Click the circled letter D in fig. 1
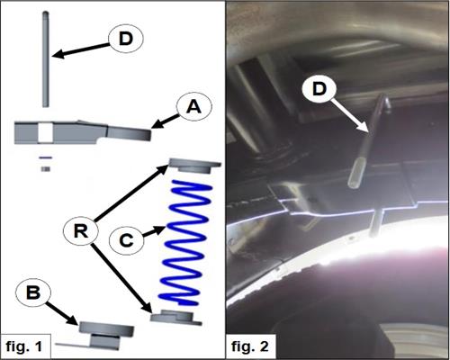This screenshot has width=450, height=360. point(126,39)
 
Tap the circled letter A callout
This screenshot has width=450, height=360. point(194,107)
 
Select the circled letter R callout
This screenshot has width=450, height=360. point(81,231)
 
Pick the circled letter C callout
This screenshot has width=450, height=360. point(126,240)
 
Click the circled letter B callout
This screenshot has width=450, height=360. point(33,292)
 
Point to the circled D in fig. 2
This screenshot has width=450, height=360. point(319,89)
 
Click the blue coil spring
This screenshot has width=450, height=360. point(185,243)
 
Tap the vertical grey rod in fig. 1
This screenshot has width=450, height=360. point(45,59)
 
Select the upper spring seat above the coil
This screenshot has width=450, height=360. point(195,166)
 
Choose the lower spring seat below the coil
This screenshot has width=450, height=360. point(176,318)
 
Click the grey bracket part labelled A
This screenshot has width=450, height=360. point(83,132)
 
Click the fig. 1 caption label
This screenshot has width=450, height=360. point(24,346)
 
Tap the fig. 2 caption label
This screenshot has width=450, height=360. point(250,346)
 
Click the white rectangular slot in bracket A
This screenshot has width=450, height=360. point(46,132)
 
